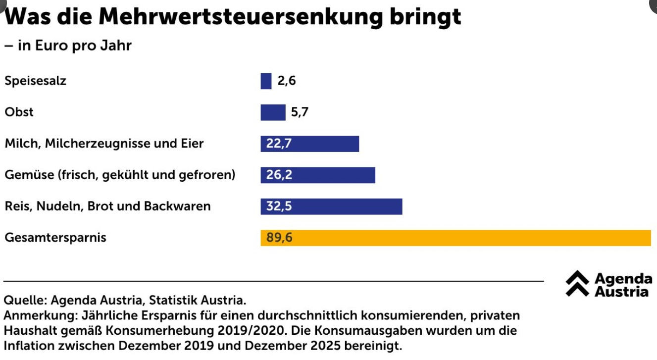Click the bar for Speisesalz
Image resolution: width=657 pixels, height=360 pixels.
[x=266, y=81]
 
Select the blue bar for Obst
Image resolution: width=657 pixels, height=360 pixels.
[x=273, y=112]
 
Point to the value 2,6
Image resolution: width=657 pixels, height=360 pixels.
[x=287, y=81]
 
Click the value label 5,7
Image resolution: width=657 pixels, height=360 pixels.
[x=300, y=112]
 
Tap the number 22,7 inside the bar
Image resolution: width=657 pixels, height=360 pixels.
[x=279, y=144]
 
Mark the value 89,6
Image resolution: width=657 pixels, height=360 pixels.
[x=279, y=238]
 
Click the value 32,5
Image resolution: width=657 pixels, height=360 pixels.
[x=279, y=206]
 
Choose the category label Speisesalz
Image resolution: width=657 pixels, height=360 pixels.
[x=35, y=81]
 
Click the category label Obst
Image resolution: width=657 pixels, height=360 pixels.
[x=19, y=112]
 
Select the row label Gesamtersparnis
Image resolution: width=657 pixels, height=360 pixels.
[x=55, y=238]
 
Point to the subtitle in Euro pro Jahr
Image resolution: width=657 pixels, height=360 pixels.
[x=74, y=46]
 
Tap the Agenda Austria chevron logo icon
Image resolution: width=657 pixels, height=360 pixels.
[x=577, y=284]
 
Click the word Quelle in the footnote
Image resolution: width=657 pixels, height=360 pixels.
[x=24, y=301]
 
